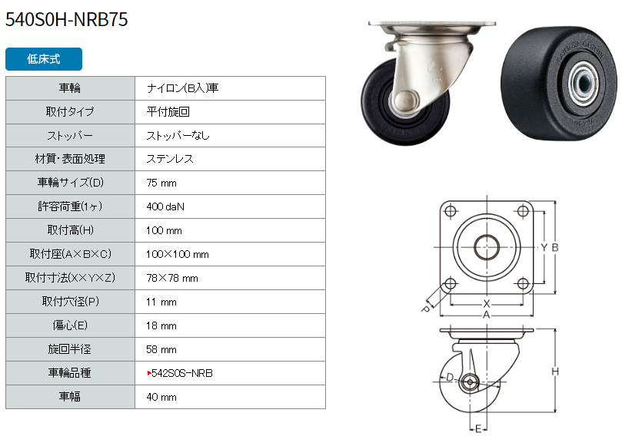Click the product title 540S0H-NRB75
[67, 19]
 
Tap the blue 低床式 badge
[44, 59]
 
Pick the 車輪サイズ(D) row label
[70, 183]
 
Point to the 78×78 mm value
[172, 278]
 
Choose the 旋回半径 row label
[69, 349]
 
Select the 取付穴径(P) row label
[70, 302]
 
